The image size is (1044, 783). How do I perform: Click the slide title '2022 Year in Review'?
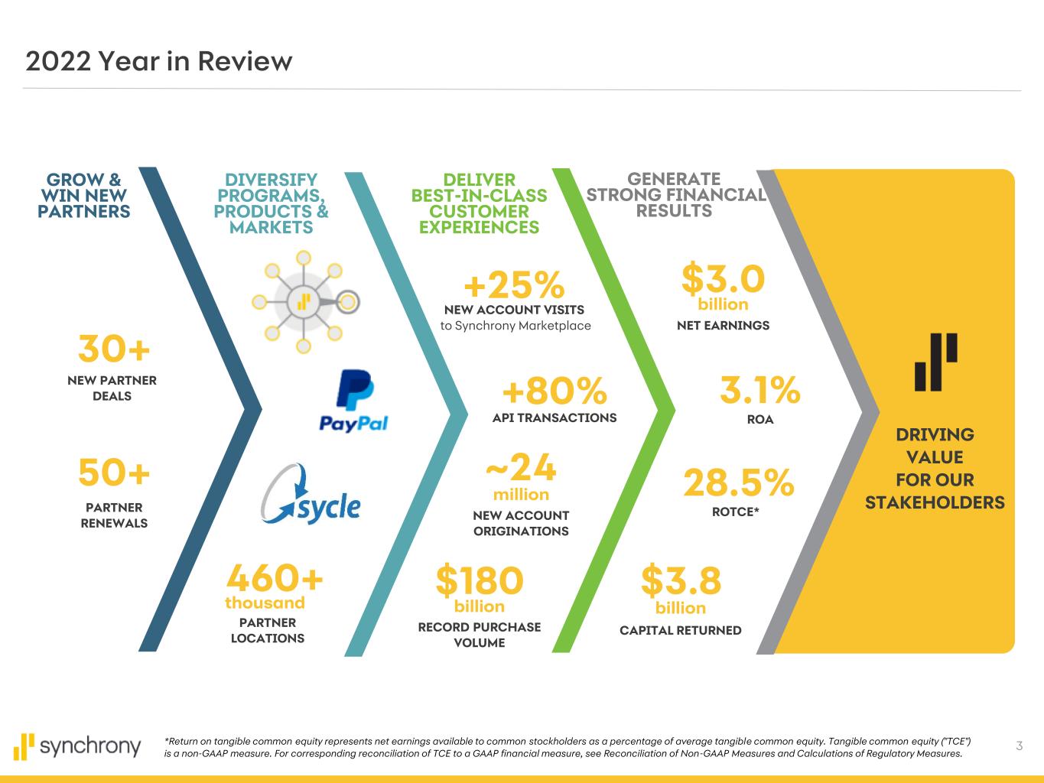point(159,62)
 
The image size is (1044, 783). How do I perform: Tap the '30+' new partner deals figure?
point(114,349)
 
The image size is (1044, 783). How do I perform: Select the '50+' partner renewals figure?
point(114,473)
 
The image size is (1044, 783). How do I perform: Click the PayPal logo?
point(354,401)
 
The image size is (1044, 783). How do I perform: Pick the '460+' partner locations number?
point(275,577)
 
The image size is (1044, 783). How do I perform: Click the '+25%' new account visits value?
point(515,284)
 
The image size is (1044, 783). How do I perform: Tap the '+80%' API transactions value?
point(555,391)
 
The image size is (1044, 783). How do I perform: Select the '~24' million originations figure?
point(522,467)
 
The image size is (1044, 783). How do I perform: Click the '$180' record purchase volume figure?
point(480,580)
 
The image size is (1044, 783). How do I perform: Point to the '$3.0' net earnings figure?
point(723,278)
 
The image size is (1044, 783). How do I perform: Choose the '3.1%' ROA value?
point(760,390)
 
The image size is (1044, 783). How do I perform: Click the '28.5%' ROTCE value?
point(739,482)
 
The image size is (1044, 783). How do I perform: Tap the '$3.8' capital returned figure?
point(681,580)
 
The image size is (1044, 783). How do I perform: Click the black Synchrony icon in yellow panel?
point(935,362)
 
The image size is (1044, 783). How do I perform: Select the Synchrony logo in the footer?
point(77,746)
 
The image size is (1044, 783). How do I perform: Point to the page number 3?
point(1019,746)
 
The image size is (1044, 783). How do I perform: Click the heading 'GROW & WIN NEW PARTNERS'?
point(83,196)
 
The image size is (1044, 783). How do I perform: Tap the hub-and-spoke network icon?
point(305,302)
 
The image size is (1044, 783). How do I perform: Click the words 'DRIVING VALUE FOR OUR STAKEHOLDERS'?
point(935,468)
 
